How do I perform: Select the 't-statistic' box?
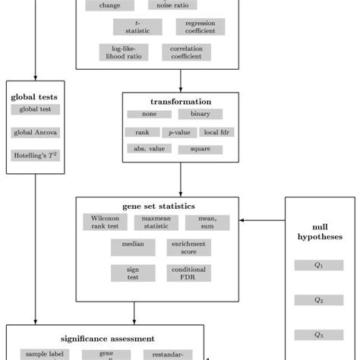(137, 27)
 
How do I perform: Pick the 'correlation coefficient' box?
(186, 52)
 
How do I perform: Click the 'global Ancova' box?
(36, 132)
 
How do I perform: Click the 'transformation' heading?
(180, 101)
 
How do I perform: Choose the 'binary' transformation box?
(201, 114)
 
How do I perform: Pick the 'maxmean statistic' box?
(156, 222)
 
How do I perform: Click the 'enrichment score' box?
(188, 247)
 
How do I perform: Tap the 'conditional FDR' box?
(188, 272)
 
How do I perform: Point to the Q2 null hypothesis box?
(319, 300)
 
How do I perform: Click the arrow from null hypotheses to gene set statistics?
(262, 221)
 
